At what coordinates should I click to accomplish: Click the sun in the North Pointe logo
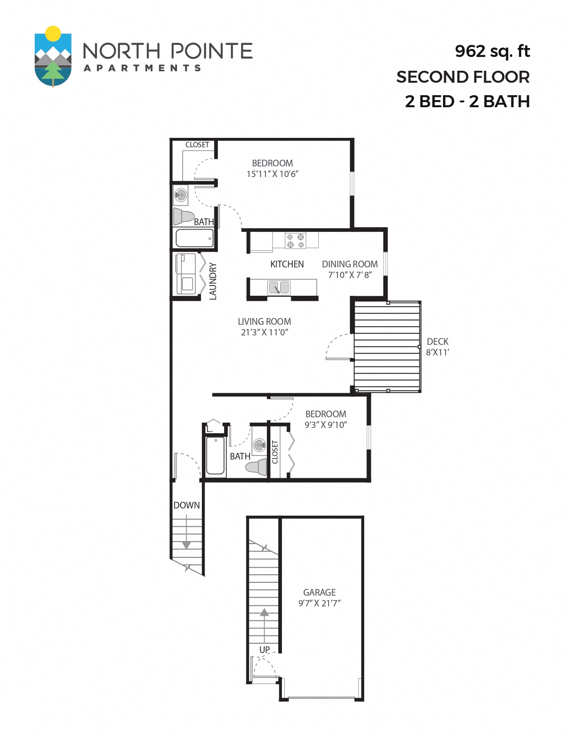pyautogui.click(x=53, y=33)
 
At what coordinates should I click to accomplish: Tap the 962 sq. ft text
pyautogui.click(x=492, y=51)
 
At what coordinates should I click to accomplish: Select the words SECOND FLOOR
pyautogui.click(x=463, y=77)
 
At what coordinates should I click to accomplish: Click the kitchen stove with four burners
pyautogui.click(x=296, y=241)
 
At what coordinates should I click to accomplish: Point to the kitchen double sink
pyautogui.click(x=279, y=288)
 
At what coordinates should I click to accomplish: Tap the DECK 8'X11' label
pyautogui.click(x=438, y=347)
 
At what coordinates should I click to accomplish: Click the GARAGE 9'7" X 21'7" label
pyautogui.click(x=319, y=597)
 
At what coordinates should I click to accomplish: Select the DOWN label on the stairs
pyautogui.click(x=186, y=505)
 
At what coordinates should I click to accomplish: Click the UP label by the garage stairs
pyautogui.click(x=265, y=649)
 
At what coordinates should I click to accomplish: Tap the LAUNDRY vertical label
pyautogui.click(x=213, y=281)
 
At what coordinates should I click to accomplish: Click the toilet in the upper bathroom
pyautogui.click(x=183, y=216)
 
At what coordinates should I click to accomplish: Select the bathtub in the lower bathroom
pyautogui.click(x=216, y=456)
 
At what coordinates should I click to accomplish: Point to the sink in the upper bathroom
pyautogui.click(x=181, y=195)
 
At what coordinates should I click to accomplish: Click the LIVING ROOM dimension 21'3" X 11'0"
pyautogui.click(x=265, y=332)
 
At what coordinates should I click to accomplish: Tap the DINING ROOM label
pyautogui.click(x=350, y=264)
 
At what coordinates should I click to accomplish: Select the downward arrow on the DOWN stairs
pyautogui.click(x=186, y=544)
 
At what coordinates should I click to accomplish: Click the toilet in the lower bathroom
pyautogui.click(x=257, y=467)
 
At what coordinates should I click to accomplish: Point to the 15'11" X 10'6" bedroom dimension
pyautogui.click(x=272, y=174)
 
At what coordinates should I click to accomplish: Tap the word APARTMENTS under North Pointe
pyautogui.click(x=142, y=68)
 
